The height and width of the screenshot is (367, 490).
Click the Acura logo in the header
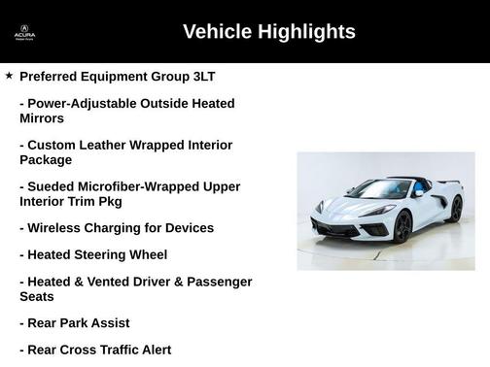pos(24,33)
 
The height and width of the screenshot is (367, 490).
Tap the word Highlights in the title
pos(306,32)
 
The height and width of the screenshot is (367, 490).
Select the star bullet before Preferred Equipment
pos(9,75)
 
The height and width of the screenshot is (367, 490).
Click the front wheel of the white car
pos(402,226)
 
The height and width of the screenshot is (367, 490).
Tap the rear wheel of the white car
pos(456,208)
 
